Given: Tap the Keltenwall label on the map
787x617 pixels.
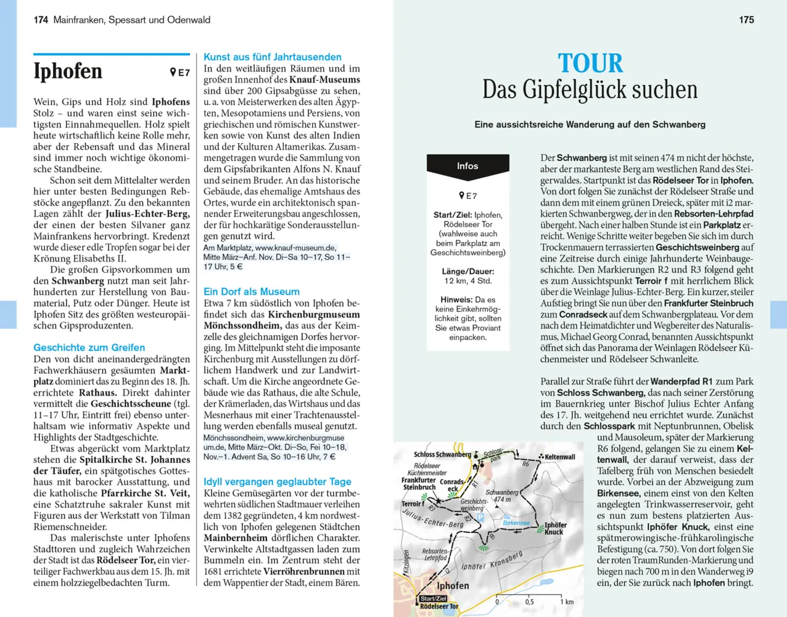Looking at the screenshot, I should [x=559, y=457].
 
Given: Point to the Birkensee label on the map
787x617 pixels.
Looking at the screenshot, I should [x=516, y=523].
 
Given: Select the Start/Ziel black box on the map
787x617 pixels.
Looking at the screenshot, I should [x=433, y=598].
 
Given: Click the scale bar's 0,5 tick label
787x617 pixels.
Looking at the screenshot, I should [x=529, y=602].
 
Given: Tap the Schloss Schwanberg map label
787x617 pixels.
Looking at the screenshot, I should [x=442, y=455].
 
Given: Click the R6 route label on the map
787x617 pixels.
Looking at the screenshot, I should [x=525, y=463].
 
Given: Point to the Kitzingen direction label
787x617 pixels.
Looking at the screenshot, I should [x=406, y=562].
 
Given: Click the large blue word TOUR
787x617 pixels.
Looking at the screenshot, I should [x=590, y=64].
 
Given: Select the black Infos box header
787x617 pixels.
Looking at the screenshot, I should [x=468, y=166].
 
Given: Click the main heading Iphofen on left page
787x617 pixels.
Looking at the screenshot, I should [x=68, y=72].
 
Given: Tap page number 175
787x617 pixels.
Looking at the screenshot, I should [x=746, y=20].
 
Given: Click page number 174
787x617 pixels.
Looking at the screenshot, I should [x=41, y=20].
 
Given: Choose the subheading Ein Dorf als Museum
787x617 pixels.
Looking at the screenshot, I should [x=252, y=291].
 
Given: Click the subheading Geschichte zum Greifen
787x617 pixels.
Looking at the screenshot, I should [x=89, y=347].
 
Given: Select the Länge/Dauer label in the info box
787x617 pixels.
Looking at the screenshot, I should [x=468, y=271].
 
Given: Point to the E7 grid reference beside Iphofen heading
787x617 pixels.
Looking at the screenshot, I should [x=180, y=73].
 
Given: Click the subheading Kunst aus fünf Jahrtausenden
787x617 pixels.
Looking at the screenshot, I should [x=272, y=57].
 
